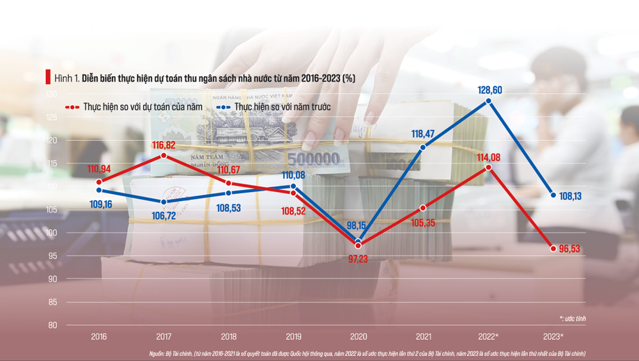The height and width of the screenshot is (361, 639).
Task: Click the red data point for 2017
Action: pyautogui.click(x=164, y=156)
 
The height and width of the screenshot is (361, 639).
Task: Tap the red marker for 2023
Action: pyautogui.click(x=553, y=248)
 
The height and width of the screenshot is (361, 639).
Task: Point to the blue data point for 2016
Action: pyautogui.click(x=99, y=190)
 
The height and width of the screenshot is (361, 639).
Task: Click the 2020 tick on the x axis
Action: pyautogui.click(x=358, y=336)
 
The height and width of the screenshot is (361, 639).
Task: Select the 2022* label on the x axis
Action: pyautogui.click(x=489, y=336)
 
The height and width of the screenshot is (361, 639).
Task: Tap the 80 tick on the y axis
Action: pyautogui.click(x=52, y=325)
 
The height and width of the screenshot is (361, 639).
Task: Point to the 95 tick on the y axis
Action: pyautogui.click(x=52, y=256)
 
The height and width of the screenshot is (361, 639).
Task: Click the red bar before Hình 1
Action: pyautogui.click(x=47, y=77)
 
